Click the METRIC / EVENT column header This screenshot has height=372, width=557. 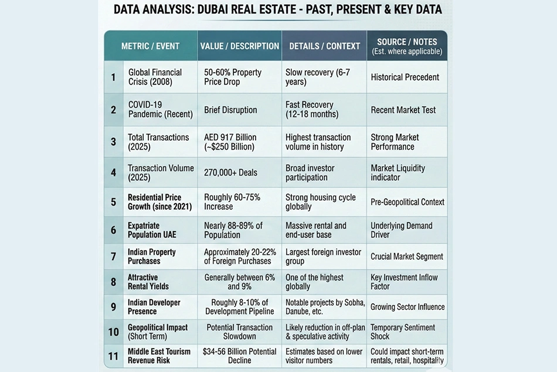(150, 46)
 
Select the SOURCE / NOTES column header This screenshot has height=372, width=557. (407, 46)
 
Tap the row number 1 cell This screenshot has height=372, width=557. (114, 77)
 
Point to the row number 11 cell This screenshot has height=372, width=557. (114, 356)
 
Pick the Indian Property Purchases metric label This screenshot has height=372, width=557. (152, 256)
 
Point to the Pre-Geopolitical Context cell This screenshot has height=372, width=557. (407, 202)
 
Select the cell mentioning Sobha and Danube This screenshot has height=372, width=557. (325, 307)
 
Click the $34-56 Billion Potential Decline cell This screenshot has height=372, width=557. (239, 356)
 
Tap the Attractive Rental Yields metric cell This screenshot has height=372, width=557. (148, 282)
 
